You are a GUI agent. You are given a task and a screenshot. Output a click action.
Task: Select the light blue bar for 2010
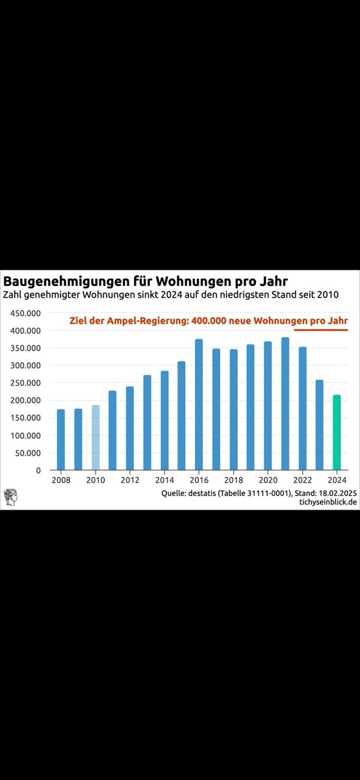tap(96, 437)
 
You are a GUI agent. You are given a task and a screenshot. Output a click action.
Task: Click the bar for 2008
tap(61, 439)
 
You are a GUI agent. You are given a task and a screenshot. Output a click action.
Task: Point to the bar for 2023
tap(319, 424)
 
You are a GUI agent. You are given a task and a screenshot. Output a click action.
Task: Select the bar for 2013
tap(147, 422)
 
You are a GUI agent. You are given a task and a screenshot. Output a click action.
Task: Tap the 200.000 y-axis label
tap(25, 400)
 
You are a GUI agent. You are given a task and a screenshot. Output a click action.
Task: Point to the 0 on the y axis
tap(38, 470)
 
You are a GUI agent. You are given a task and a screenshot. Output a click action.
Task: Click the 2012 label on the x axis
tap(130, 482)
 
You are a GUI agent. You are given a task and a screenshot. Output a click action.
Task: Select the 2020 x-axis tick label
tap(268, 482)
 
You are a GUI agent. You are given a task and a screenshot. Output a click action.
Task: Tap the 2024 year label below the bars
tap(337, 482)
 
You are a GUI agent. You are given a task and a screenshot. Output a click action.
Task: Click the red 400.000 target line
tap(321, 330)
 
